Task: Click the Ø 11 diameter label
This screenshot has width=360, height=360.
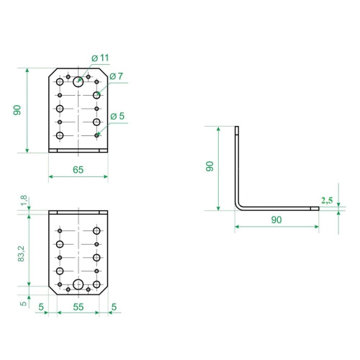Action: (x=100, y=58)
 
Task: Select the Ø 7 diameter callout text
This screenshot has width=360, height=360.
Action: (x=116, y=76)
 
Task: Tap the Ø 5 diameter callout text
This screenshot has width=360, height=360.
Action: (x=117, y=116)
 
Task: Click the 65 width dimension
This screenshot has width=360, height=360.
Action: (x=78, y=170)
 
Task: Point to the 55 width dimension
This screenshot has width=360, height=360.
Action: (x=78, y=307)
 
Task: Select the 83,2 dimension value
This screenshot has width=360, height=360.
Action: (x=21, y=253)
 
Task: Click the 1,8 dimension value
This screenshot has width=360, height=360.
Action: (x=24, y=200)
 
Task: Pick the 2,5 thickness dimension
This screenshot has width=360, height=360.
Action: (x=327, y=200)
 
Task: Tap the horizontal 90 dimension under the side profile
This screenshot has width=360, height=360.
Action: (x=276, y=220)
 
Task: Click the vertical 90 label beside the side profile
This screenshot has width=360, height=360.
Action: (x=210, y=166)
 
